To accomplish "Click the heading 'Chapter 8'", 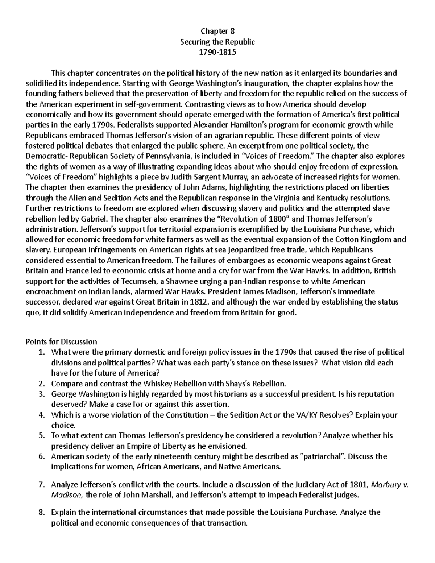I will [217, 31].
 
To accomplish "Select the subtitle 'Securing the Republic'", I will [217, 42].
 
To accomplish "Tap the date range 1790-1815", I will [217, 52].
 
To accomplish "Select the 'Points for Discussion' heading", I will [61, 341].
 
